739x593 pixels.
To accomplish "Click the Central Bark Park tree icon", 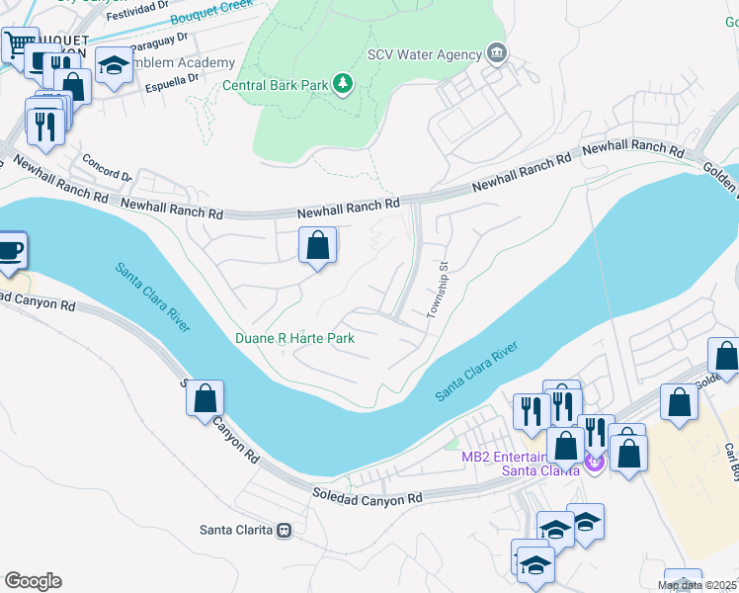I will (x=343, y=85).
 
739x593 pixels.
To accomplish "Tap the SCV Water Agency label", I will (x=422, y=54).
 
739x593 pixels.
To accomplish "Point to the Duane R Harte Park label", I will (x=294, y=338).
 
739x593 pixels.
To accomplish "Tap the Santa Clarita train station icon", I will (x=285, y=530).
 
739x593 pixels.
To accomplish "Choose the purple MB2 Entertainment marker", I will (x=593, y=461).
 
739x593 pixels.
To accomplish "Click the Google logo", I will (x=33, y=581).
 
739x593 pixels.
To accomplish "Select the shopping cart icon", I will (x=19, y=44).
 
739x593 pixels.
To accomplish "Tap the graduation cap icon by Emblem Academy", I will (x=115, y=66).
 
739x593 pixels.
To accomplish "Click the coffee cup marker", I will (x=10, y=250).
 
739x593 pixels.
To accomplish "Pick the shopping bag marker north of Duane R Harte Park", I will (x=318, y=245).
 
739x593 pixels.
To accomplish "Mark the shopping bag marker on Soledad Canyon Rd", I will (x=205, y=398).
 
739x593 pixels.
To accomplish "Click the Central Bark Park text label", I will (x=275, y=86).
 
